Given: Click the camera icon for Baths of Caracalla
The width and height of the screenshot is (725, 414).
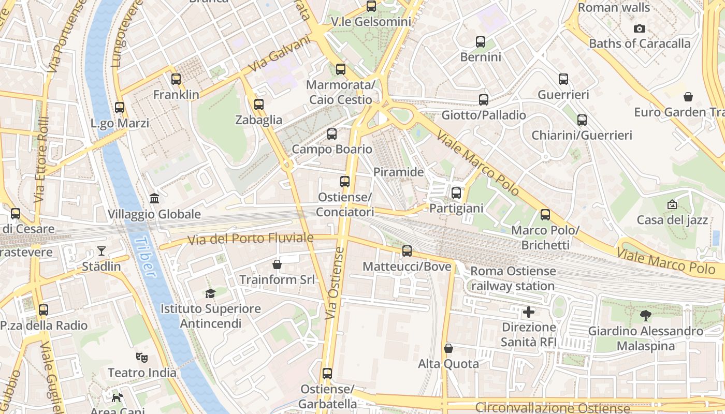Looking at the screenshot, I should pos(640,28).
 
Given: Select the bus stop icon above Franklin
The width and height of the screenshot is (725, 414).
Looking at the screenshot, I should pos(176,79).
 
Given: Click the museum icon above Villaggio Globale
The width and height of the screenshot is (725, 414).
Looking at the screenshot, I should pos(154,199).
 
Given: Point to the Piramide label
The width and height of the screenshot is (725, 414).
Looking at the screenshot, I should pos(398,172).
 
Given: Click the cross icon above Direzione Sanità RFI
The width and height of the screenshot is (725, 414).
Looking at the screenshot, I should pos(529,312).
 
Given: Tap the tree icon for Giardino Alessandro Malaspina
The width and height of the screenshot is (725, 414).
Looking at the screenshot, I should pos(645,315).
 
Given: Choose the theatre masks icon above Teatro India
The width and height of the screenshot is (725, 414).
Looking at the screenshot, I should pos(141,357).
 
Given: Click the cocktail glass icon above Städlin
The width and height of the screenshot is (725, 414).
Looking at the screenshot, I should pos(102,251).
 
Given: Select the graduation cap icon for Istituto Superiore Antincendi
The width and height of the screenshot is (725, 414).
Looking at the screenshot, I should pos(210,293).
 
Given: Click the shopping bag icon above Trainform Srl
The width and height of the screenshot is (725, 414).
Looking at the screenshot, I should pos(277,264).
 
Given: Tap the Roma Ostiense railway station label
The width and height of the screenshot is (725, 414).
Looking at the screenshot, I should pos(513,278).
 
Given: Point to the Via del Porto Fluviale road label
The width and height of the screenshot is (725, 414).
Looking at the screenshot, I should pos(250,239).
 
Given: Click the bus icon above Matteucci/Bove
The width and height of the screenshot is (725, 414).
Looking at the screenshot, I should pos(407,251).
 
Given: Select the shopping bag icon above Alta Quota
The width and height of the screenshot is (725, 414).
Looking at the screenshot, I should pos(448,348).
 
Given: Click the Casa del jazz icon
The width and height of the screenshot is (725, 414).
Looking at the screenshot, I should pos(672,204).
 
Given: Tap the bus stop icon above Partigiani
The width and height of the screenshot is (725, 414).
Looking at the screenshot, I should pos(456,193).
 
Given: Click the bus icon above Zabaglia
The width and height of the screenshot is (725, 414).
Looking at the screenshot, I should pos(259,105).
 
